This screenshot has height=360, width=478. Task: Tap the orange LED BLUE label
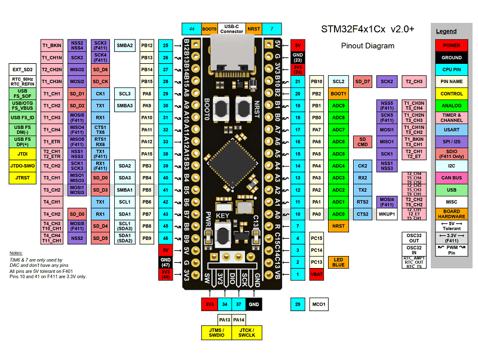tap(339, 262)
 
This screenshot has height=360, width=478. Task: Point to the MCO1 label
tap(318, 304)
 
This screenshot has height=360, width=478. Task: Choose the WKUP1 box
tap(387, 214)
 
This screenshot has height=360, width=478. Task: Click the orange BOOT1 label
tap(339, 94)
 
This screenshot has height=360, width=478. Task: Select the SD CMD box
tap(363, 141)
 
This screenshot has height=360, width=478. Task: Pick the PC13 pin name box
tap(317, 262)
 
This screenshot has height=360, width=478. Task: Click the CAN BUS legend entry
tap(452, 177)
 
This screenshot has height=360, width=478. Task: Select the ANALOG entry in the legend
tap(452, 106)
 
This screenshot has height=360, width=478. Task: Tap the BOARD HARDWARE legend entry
tap(452, 214)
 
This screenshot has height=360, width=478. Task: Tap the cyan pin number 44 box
tap(192, 29)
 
